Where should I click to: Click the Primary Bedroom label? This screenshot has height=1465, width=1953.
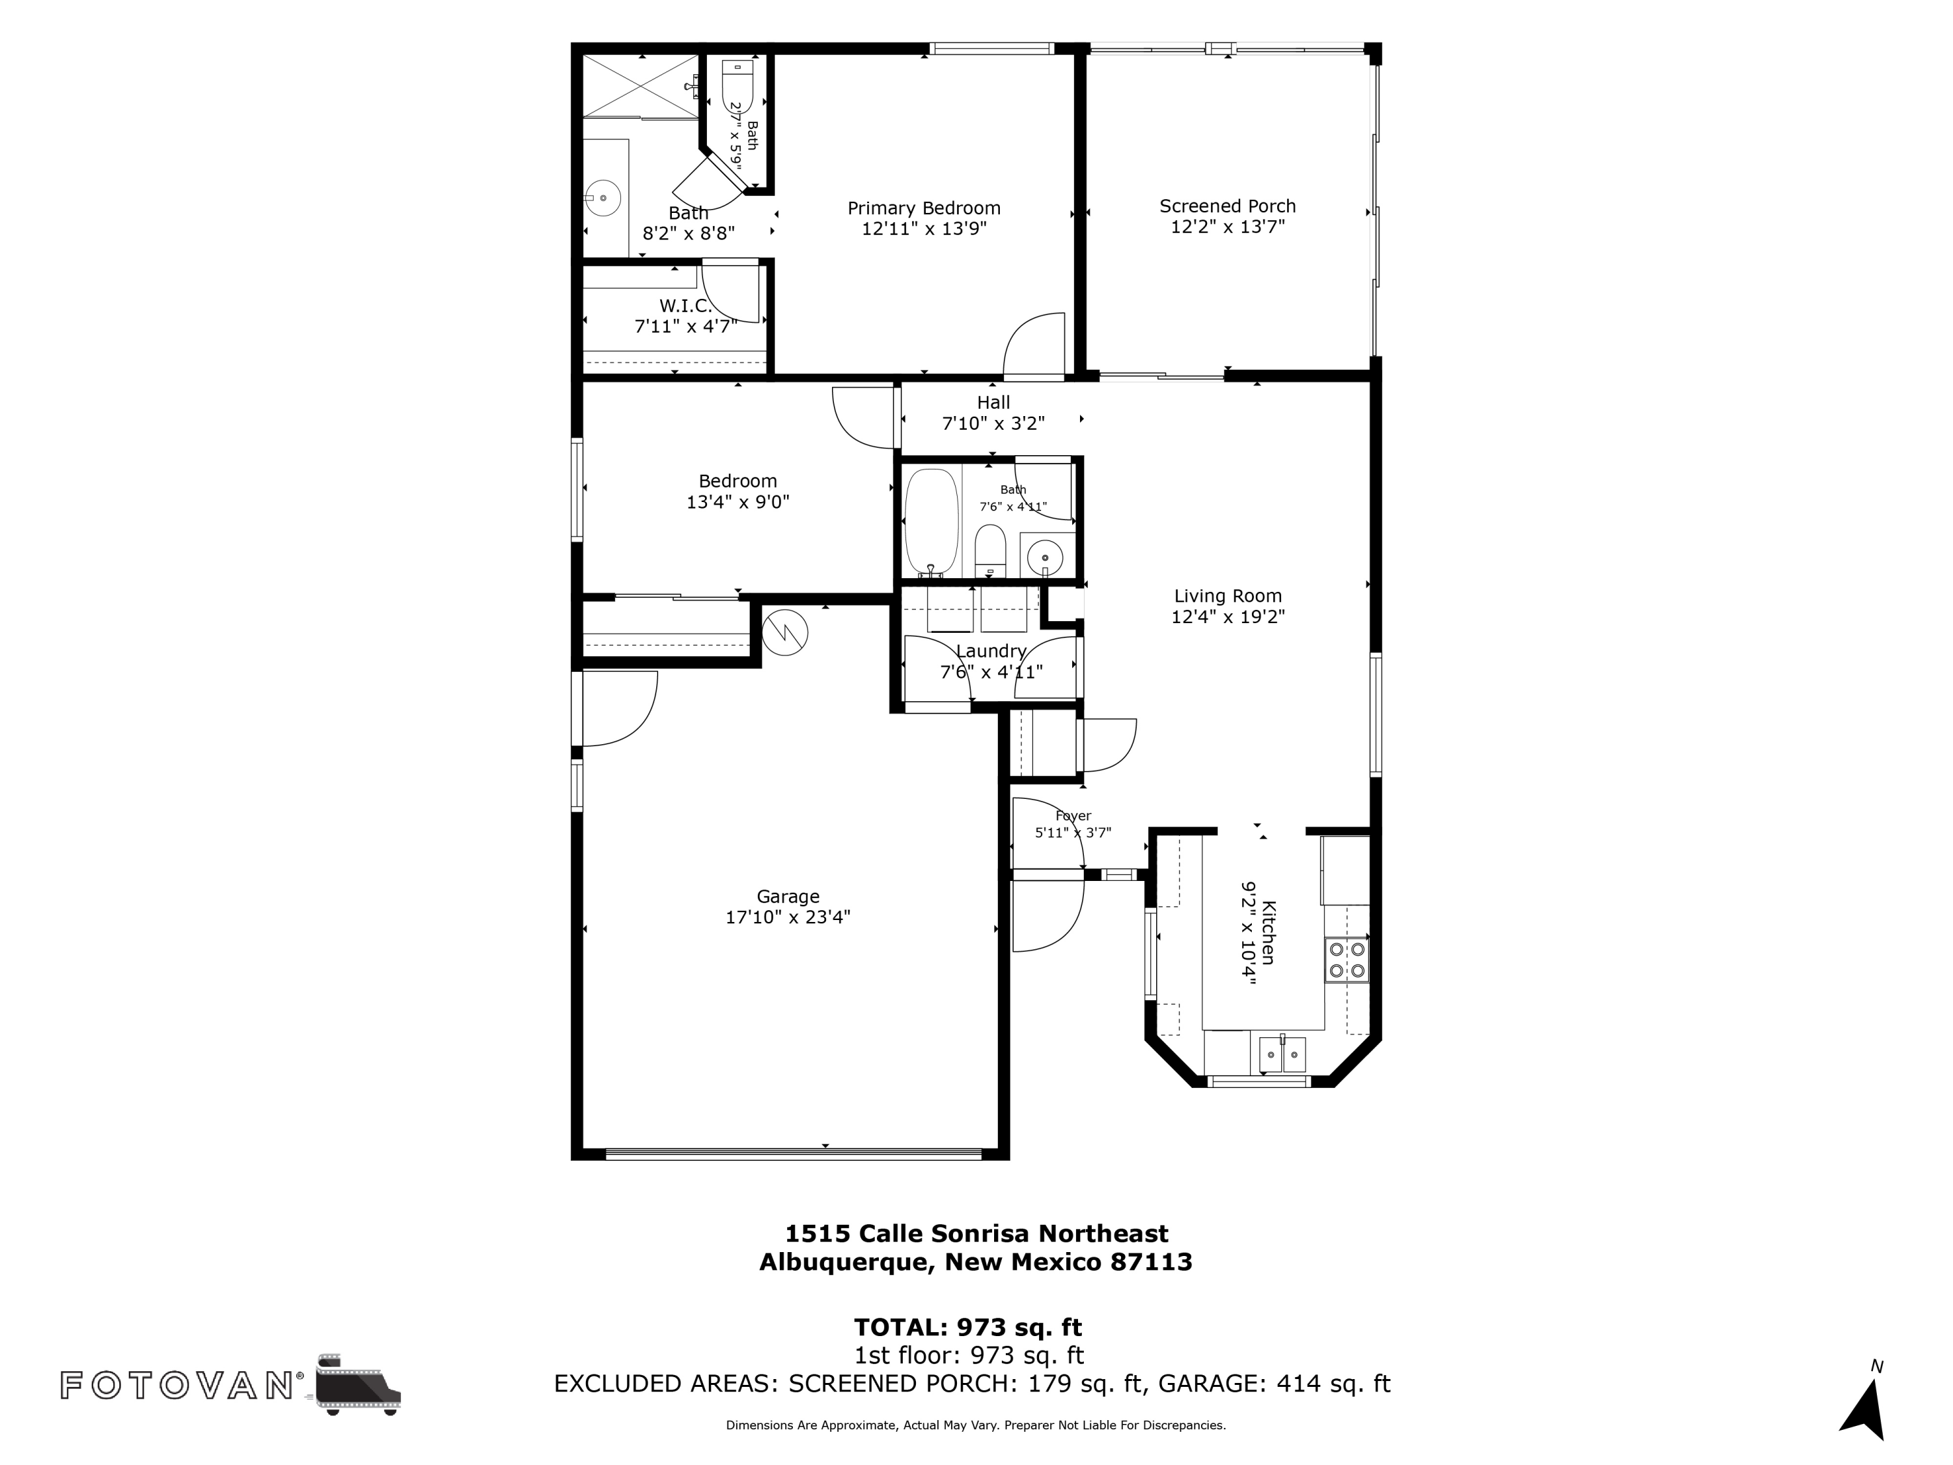pos(924,208)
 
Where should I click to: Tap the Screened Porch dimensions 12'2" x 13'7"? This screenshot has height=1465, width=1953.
pos(1227,227)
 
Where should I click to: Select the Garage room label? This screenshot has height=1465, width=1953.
pos(788,897)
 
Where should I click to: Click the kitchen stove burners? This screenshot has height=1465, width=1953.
pos(1346,961)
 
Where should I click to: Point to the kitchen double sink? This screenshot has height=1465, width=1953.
pos(1283,1053)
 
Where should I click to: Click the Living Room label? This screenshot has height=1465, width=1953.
pos(1227,596)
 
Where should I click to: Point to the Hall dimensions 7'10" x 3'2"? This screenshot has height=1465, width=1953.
pos(993,424)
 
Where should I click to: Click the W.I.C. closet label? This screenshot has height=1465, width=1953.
pos(685,305)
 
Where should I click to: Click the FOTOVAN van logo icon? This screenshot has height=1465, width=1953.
pos(357,1384)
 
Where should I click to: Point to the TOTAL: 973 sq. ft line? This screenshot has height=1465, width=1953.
pos(967,1326)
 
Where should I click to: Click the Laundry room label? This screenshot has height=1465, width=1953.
pos(991,651)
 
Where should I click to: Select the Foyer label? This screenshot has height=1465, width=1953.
pos(1073,816)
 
